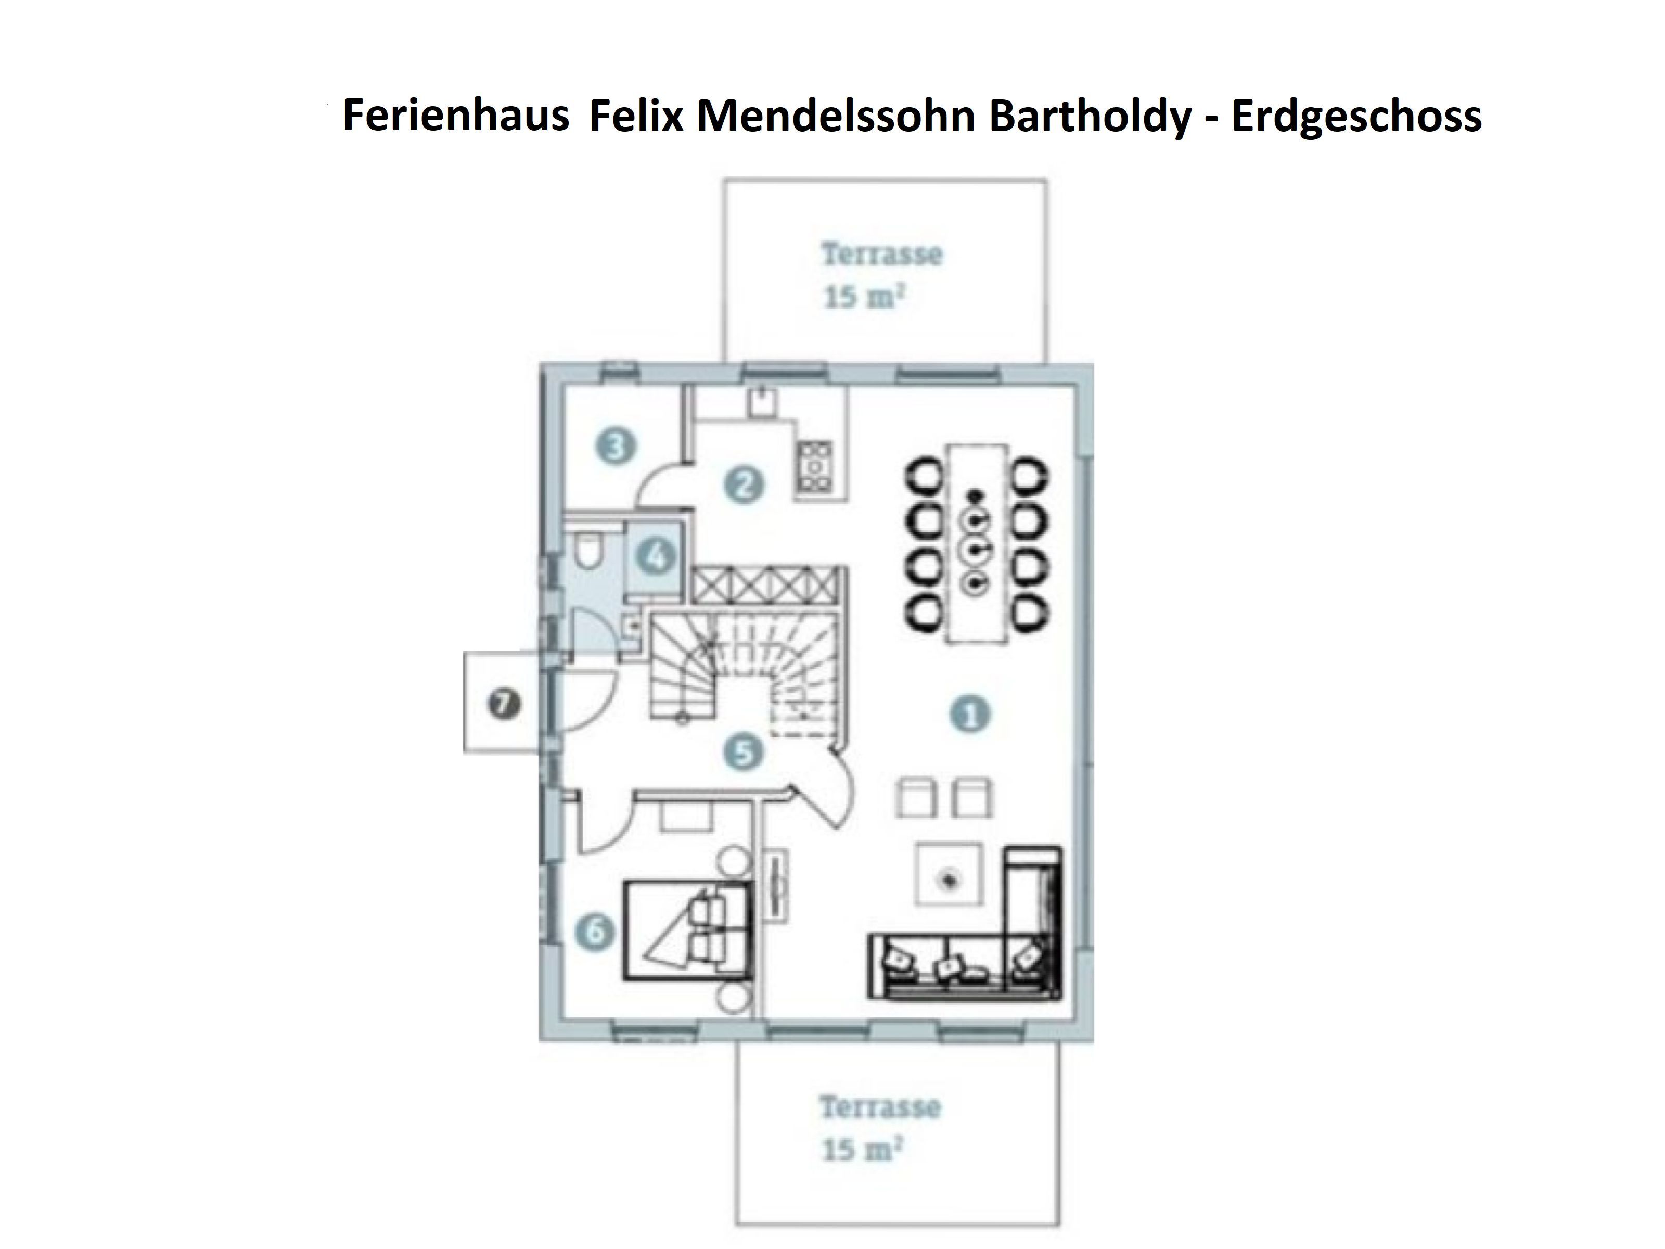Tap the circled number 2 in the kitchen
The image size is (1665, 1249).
(x=744, y=484)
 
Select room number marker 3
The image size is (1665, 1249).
(x=616, y=447)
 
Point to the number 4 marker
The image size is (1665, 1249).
(x=656, y=558)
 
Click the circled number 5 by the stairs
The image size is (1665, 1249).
(x=743, y=751)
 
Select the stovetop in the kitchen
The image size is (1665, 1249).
(x=815, y=467)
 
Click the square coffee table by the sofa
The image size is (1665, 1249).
(x=949, y=875)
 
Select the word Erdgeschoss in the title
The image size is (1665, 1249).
(x=1355, y=117)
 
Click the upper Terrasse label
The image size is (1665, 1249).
(x=881, y=254)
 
